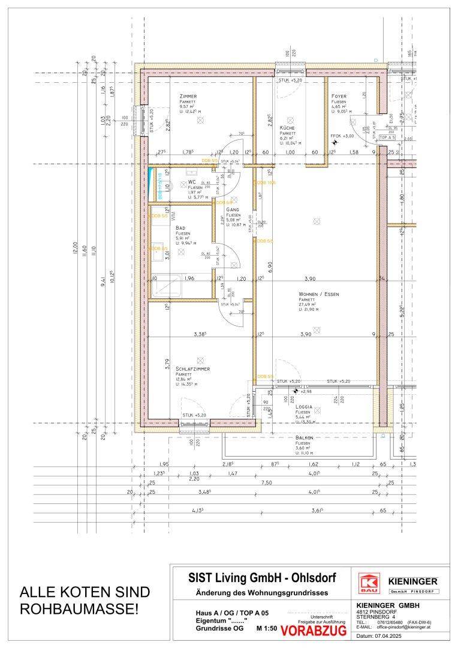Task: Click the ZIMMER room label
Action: pos(188,96)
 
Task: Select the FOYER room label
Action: pos(340,96)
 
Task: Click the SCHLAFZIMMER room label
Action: pos(193,368)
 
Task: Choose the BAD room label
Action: pos(180,228)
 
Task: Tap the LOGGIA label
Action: pos(305,406)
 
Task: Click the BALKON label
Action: pos(305,438)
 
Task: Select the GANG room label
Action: pos(233,209)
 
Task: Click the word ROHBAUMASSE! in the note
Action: pos(79,609)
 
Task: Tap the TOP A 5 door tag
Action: pos(388,137)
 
